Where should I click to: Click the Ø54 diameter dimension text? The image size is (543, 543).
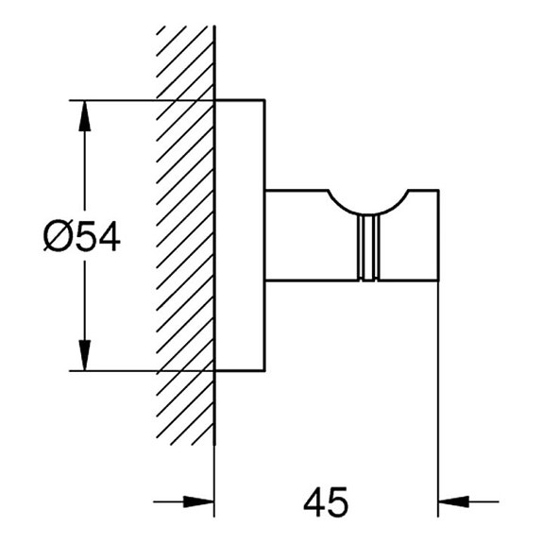(x=82, y=236)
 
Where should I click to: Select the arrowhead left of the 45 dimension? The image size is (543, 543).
(x=200, y=501)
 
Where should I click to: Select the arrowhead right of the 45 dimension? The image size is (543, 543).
(x=455, y=501)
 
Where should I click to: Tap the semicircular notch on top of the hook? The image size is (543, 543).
(x=368, y=200)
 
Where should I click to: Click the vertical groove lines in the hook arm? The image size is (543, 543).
(x=368, y=247)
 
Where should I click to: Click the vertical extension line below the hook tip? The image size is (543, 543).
(x=439, y=397)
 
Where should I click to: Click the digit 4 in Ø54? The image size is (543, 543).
(x=108, y=236)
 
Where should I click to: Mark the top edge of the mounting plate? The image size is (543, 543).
(x=240, y=99)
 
